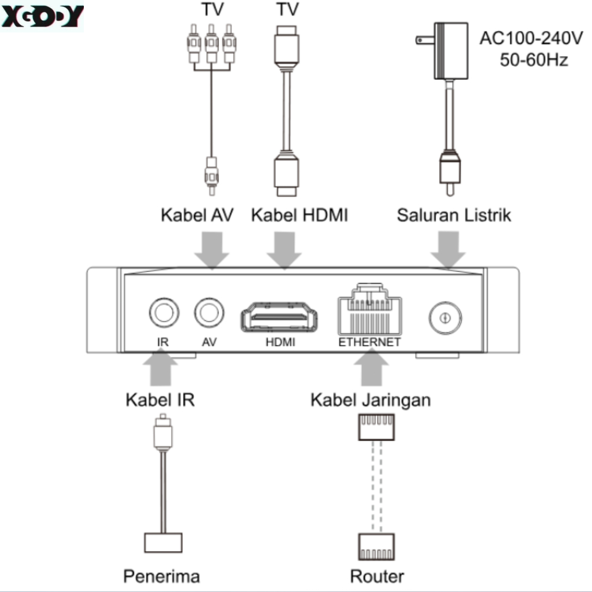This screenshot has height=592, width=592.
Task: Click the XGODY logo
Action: (42, 16)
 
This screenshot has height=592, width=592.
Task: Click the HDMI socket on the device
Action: (280, 318)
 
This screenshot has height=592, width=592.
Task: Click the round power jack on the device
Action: (445, 317)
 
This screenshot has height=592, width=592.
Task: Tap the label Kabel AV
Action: (197, 216)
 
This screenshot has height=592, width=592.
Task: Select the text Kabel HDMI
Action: (299, 216)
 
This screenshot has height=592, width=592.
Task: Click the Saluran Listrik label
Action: (454, 216)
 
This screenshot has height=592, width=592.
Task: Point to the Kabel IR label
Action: (160, 400)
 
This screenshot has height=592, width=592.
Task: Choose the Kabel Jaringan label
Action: (371, 400)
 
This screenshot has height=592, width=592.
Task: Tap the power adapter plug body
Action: (451, 51)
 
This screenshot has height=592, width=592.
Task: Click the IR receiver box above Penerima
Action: (163, 542)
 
